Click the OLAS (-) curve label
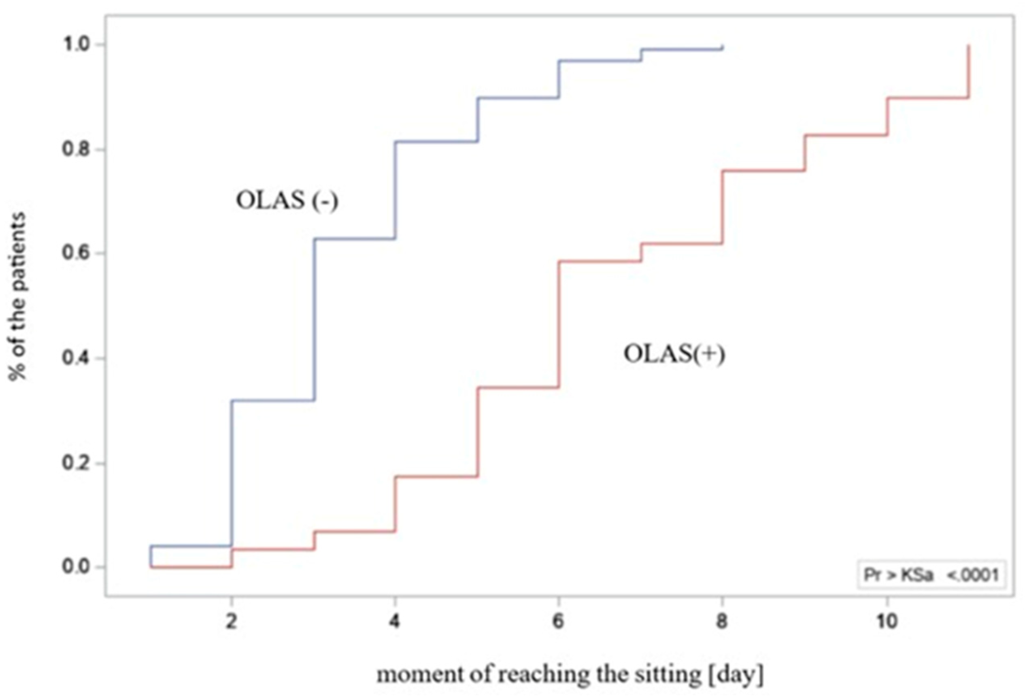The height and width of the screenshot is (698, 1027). [x=287, y=200]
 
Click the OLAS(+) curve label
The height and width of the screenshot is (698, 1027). [x=674, y=354]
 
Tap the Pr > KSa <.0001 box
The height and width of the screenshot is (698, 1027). [x=931, y=575]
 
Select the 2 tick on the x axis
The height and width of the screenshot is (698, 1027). [x=231, y=622]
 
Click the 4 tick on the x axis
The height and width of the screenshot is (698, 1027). [x=395, y=622]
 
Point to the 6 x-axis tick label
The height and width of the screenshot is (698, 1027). [x=558, y=622]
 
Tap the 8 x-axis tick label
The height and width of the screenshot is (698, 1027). [x=722, y=622]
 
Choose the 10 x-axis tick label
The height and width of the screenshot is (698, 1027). [x=887, y=622]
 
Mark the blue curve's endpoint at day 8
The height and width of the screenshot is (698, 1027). [x=723, y=46]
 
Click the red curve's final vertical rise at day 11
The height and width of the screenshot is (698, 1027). [x=969, y=71]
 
